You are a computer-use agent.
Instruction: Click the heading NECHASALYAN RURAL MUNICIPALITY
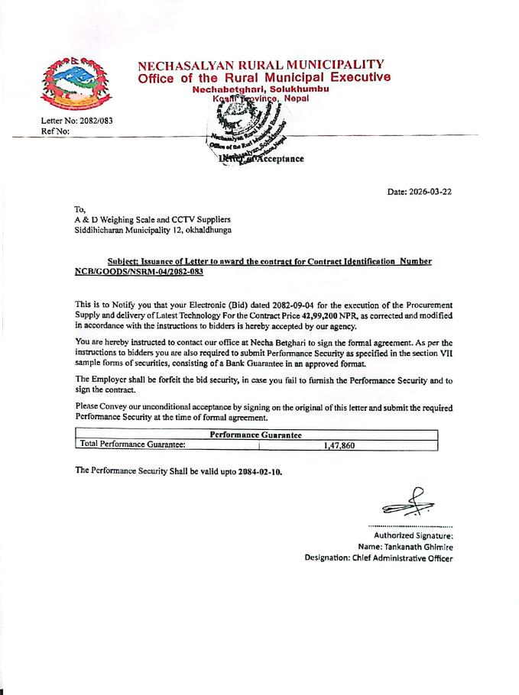[261, 65]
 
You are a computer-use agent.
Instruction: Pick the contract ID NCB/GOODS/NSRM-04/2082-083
[139, 272]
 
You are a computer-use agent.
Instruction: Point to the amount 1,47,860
[333, 445]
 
